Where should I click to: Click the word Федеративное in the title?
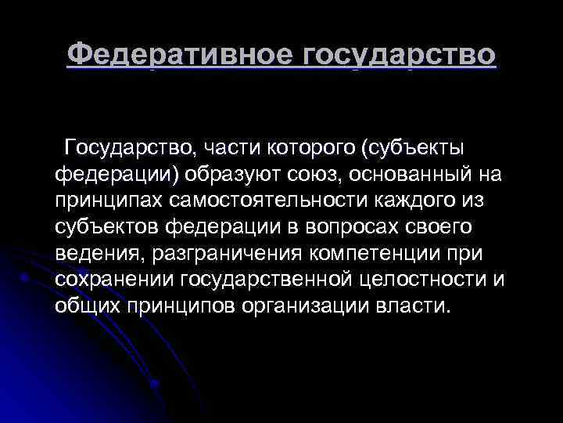point(181,54)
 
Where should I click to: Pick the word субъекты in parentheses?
point(411,147)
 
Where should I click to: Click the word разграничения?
point(220,254)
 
